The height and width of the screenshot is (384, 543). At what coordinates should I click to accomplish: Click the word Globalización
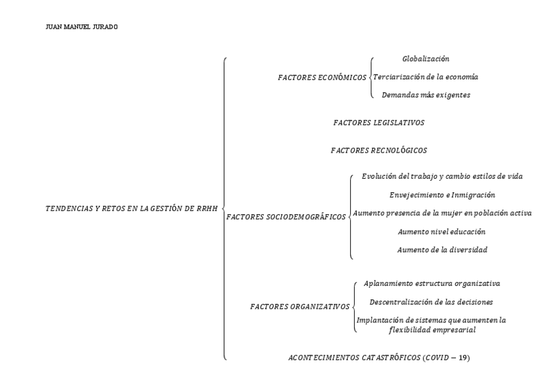pos(425,59)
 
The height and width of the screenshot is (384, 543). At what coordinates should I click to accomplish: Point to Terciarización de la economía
pos(425,77)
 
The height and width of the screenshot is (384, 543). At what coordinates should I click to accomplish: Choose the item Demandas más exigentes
pos(426,95)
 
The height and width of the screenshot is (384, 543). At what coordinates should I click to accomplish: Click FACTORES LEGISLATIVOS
pos(378,122)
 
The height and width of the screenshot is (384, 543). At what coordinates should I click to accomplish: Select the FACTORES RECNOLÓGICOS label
pos(378,150)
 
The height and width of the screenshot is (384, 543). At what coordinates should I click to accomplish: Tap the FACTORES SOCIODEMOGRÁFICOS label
pos(286,217)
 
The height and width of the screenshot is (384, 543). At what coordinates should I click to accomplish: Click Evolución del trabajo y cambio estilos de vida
pos(443,176)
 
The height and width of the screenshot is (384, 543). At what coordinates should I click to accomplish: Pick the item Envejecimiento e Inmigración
pos(442,194)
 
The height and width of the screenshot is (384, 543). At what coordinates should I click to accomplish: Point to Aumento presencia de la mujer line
pos(442,213)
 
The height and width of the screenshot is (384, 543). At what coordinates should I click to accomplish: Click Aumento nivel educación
pos(442,231)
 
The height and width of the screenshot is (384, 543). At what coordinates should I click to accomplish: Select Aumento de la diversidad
pos(442,249)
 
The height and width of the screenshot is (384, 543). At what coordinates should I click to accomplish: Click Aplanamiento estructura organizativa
pos(432,283)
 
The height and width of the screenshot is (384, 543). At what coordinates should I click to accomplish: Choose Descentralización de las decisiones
pos(432,301)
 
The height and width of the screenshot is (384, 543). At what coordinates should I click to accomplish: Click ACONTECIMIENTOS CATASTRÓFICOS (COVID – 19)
pos(379,357)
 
